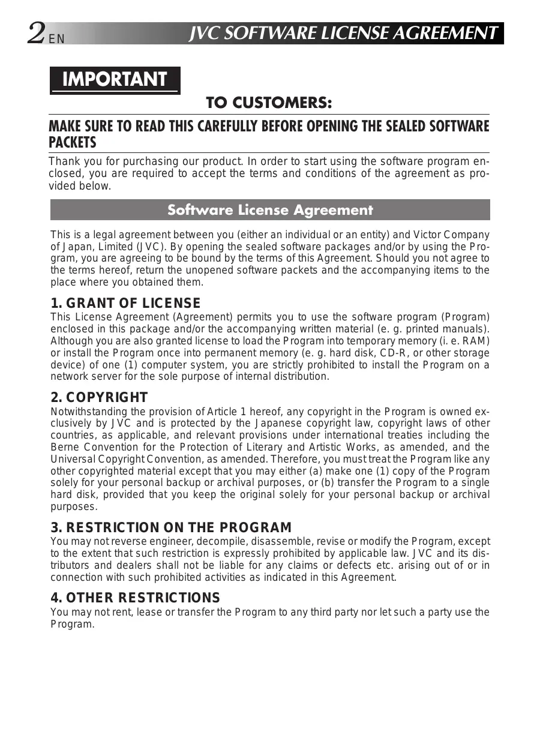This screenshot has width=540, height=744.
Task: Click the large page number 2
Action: (x=36, y=33)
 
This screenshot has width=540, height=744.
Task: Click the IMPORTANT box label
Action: (x=115, y=79)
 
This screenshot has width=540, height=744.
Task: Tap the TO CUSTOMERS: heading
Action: (x=269, y=103)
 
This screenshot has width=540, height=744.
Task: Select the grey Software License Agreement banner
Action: (x=270, y=210)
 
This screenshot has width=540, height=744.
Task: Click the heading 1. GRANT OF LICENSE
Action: (x=125, y=303)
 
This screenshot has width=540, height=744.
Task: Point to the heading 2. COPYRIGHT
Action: (x=99, y=397)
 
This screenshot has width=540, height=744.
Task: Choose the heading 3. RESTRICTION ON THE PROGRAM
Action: (x=171, y=528)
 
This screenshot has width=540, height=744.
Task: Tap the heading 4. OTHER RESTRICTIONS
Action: (x=135, y=598)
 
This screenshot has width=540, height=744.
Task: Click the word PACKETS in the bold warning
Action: (x=72, y=143)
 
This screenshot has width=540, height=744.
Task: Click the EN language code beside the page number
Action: (x=56, y=40)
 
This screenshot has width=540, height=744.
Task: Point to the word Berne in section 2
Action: (x=65, y=447)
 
